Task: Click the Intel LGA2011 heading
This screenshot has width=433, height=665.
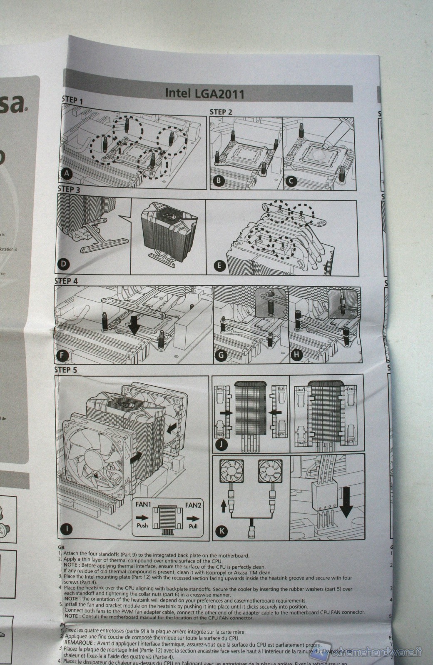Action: [204, 92]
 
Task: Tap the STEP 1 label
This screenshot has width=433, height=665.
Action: [72, 100]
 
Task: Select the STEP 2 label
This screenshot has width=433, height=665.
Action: [221, 112]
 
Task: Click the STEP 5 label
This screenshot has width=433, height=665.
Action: [66, 370]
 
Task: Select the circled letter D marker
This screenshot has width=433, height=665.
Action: [64, 264]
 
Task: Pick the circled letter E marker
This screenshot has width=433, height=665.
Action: [219, 265]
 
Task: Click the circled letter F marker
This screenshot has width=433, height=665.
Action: [62, 355]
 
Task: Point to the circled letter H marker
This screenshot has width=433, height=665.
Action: [296, 355]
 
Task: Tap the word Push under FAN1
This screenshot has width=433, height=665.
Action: [142, 525]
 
